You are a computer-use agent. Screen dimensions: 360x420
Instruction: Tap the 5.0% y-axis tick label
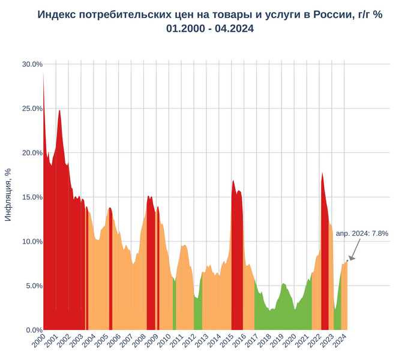point(32,286)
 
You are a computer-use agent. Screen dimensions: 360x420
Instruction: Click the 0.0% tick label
point(32,330)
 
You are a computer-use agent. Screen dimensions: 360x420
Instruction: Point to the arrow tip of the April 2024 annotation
point(348,260)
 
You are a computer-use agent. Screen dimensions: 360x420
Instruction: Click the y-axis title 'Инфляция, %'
point(8,194)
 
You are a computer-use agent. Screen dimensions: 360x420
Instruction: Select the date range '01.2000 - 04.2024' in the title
point(210,28)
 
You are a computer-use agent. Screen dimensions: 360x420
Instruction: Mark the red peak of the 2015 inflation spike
point(233,181)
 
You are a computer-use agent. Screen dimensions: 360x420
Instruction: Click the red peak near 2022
point(322,173)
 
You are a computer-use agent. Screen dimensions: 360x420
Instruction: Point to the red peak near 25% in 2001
point(59,110)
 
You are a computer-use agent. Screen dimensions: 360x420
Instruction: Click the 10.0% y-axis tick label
point(32,241)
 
